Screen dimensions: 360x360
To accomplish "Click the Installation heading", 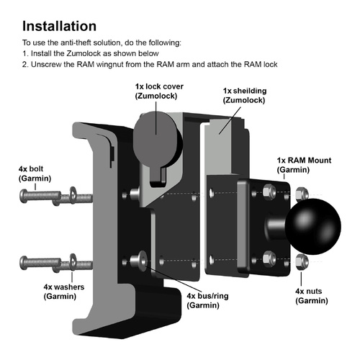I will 69,26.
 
